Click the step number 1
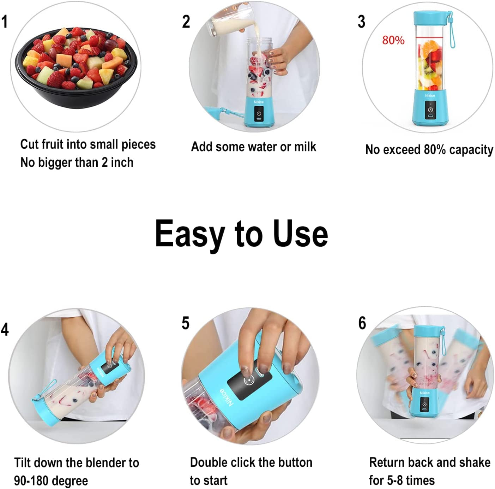[5, 22]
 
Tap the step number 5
[186, 323]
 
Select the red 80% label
[393, 40]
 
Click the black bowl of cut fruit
[76, 67]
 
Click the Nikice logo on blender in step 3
[430, 96]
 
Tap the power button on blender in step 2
[259, 113]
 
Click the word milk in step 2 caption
[305, 147]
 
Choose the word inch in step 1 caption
[122, 163]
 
